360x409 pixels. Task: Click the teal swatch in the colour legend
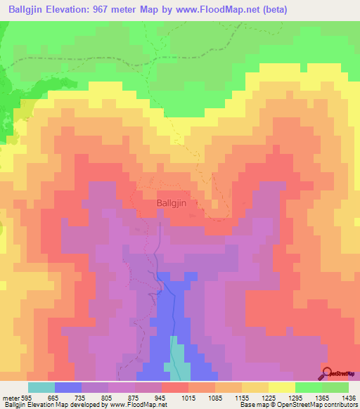[41, 387]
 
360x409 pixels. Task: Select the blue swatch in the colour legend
[68, 387]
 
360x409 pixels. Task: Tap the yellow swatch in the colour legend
[282, 387]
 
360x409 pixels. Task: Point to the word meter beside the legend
[9, 397]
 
